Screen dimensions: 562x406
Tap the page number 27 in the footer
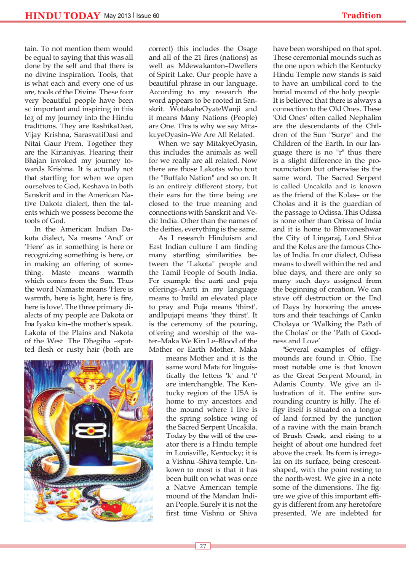tap(203, 546)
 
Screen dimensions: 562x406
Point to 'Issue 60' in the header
tap(149, 16)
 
